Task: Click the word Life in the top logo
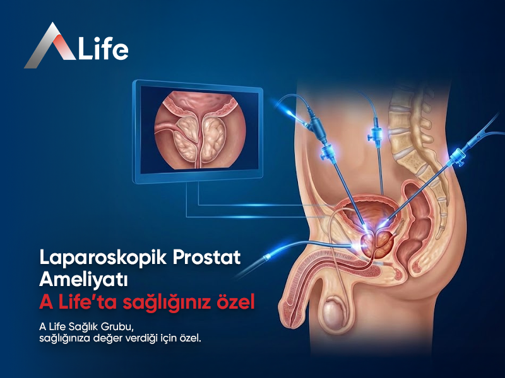coord(104,49)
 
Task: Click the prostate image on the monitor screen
coord(198,129)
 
